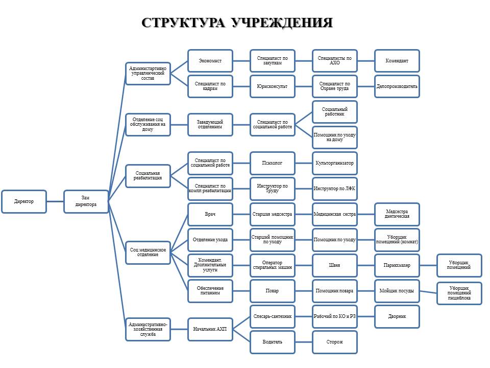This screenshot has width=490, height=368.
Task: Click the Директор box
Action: click(x=24, y=201)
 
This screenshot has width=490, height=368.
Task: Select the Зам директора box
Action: click(x=86, y=201)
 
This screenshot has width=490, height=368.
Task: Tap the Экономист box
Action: click(x=210, y=61)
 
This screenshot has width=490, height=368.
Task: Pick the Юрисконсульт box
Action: click(x=273, y=86)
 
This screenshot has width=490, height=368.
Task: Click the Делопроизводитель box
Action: click(x=397, y=86)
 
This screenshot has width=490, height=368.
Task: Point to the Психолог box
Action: click(x=273, y=163)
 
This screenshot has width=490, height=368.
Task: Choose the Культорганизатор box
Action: click(x=335, y=163)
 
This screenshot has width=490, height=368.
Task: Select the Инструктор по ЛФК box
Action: click(x=335, y=189)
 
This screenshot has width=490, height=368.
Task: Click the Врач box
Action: click(x=210, y=214)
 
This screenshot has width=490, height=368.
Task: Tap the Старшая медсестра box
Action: click(x=273, y=214)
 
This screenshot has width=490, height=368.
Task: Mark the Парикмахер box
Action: click(x=397, y=265)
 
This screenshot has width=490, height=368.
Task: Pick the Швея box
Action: click(x=335, y=265)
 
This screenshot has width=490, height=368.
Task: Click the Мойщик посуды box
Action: click(x=397, y=291)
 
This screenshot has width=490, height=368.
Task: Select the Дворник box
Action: click(x=397, y=317)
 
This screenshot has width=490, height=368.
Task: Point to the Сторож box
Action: click(x=335, y=342)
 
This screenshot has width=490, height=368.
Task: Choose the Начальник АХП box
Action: click(x=210, y=329)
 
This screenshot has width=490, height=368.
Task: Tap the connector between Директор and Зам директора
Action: click(x=55, y=201)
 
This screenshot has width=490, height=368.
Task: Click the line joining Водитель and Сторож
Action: click(x=304, y=342)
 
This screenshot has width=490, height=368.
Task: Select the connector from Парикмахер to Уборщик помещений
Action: click(x=428, y=265)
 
